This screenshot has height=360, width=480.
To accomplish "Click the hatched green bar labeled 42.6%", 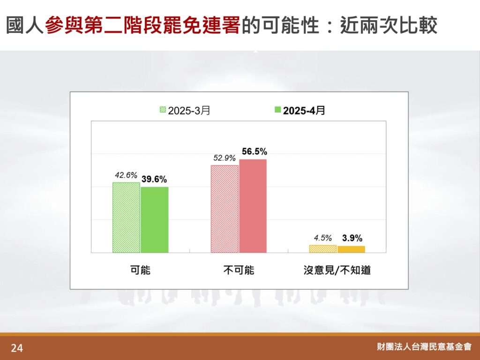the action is pyautogui.click(x=126, y=217).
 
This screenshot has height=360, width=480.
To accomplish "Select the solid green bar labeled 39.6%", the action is pyautogui.click(x=155, y=220).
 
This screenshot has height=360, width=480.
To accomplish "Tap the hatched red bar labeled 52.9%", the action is pyautogui.click(x=225, y=209).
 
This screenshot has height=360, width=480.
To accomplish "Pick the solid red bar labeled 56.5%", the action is pyautogui.click(x=253, y=206).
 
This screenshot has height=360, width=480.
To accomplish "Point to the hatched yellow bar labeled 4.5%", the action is pyautogui.click(x=323, y=249).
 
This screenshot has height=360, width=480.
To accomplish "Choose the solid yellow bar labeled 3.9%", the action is pyautogui.click(x=351, y=249).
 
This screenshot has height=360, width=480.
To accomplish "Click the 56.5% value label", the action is pyautogui.click(x=255, y=151).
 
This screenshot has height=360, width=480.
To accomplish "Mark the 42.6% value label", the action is pyautogui.click(x=126, y=175).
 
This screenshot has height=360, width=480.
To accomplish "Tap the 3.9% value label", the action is pyautogui.click(x=352, y=238).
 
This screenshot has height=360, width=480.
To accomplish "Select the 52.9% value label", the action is pyautogui.click(x=225, y=158).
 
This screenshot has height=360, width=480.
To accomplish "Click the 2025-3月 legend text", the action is pyautogui.click(x=189, y=111).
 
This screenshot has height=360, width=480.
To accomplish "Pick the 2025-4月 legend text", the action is pyautogui.click(x=304, y=111).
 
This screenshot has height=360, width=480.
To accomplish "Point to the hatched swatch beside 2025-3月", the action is pyautogui.click(x=163, y=110).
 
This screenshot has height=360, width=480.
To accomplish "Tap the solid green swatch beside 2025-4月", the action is pyautogui.click(x=277, y=110).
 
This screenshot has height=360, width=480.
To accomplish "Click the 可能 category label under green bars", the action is pyautogui.click(x=141, y=270).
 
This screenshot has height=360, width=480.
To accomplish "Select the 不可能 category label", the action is pyautogui.click(x=239, y=270).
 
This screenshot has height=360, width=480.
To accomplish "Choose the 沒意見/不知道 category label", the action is pyautogui.click(x=337, y=270).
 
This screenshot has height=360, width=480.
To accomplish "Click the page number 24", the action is pyautogui.click(x=17, y=348).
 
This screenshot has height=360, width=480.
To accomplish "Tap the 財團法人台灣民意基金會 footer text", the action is pyautogui.click(x=424, y=346).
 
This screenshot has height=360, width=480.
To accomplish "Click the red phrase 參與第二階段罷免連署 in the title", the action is pyautogui.click(x=142, y=25).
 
